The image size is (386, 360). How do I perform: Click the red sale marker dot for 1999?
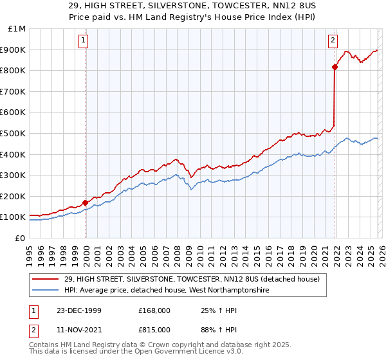pyautogui.click(x=86, y=203)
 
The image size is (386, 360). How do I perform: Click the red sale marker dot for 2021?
pyautogui.click(x=335, y=67)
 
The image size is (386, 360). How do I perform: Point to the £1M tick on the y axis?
pyautogui.click(x=17, y=29)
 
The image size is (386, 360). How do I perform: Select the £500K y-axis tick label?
pyautogui.click(x=15, y=134)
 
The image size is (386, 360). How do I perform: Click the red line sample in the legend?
pyautogui.click(x=46, y=278)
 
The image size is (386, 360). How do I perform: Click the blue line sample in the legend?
pyautogui.click(x=46, y=291)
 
